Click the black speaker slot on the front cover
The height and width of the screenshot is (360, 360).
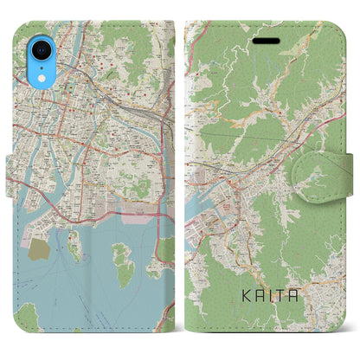[261, 41]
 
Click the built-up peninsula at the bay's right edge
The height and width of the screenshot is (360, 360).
[164, 251]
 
